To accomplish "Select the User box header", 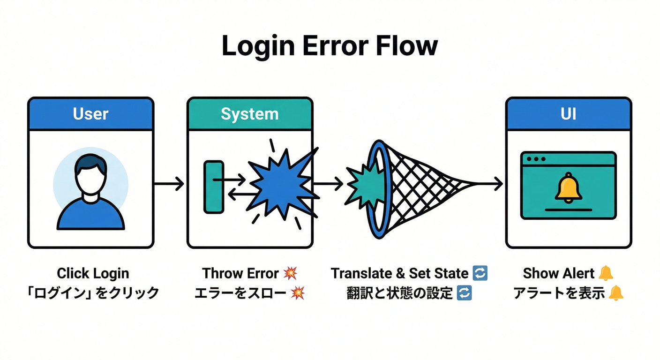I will pyautogui.click(x=90, y=113).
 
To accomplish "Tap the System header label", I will pyautogui.click(x=249, y=113).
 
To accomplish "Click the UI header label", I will pyautogui.click(x=568, y=113).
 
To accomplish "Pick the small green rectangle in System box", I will pyautogui.click(x=213, y=186).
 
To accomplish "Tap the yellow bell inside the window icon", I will pyautogui.click(x=568, y=187).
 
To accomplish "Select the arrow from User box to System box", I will pyautogui.click(x=169, y=184).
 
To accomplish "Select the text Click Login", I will pyautogui.click(x=93, y=273).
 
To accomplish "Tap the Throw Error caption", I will pyautogui.click(x=242, y=273).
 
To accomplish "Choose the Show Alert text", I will pyautogui.click(x=559, y=273).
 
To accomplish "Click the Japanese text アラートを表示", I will pyautogui.click(x=559, y=293).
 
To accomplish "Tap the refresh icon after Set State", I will pyautogui.click(x=480, y=273).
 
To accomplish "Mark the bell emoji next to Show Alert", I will pyautogui.click(x=606, y=272).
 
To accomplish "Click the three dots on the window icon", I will pyautogui.click(x=535, y=159).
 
